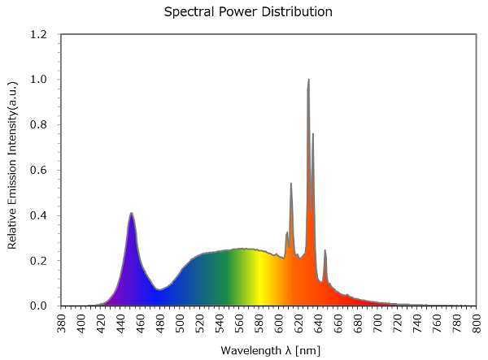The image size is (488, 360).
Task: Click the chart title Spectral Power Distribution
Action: click(248, 12)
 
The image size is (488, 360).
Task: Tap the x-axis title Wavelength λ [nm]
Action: click(268, 350)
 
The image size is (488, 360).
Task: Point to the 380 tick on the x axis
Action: click(63, 322)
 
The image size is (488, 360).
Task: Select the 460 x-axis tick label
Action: click(142, 322)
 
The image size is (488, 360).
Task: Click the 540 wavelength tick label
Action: click(220, 322)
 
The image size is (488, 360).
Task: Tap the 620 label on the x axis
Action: click(299, 322)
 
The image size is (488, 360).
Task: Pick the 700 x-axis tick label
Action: click(378, 322)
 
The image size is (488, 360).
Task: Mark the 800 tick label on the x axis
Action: click(477, 322)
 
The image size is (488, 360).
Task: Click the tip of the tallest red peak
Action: click(309, 80)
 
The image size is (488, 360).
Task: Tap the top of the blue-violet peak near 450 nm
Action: click(131, 214)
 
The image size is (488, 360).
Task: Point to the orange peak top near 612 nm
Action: click(291, 184)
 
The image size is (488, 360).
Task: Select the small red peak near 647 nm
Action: click(325, 250)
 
